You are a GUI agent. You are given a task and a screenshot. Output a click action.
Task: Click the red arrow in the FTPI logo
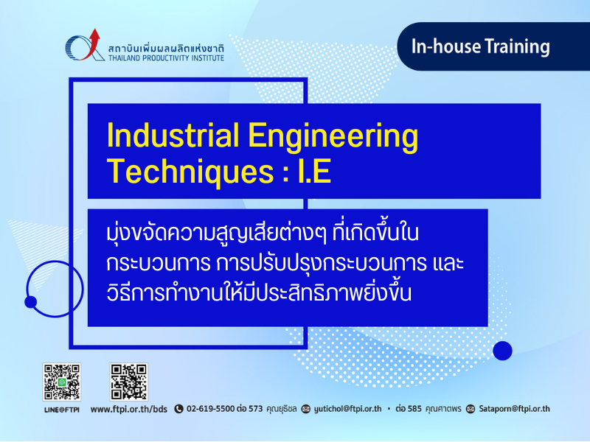click(92, 45)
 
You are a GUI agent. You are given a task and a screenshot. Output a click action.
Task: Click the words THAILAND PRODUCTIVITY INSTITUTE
click(166, 58)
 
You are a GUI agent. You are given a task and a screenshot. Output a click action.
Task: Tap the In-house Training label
click(481, 46)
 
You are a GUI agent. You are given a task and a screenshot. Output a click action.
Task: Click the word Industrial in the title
click(173, 135)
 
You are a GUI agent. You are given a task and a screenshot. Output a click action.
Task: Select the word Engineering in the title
click(333, 137)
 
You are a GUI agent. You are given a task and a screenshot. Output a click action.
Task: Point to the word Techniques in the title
click(190, 172)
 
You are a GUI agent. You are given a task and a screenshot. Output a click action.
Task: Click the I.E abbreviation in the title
click(314, 171)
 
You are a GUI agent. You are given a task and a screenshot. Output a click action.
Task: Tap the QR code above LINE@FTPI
click(62, 382)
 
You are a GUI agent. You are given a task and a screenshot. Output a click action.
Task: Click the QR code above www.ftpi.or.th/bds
click(128, 382)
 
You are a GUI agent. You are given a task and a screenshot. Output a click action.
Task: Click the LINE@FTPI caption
click(62, 410)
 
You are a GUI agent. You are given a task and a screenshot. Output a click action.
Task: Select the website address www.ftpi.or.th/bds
click(128, 410)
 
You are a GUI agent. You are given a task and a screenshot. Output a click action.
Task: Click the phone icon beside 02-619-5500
click(178, 409)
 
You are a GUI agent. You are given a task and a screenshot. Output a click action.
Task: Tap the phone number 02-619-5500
click(211, 409)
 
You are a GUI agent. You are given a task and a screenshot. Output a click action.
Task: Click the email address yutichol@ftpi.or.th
click(347, 409)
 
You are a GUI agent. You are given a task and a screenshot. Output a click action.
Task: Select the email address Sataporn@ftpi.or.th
click(514, 409)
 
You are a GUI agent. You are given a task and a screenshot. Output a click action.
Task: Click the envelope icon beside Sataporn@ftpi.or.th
click(471, 409)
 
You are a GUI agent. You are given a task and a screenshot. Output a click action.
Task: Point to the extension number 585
click(414, 409)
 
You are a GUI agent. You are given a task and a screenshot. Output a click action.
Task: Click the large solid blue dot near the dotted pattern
click(502, 351)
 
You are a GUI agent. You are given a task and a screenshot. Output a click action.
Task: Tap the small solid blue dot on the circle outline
click(30, 302)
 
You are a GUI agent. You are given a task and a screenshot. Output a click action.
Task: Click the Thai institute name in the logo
click(166, 49)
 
